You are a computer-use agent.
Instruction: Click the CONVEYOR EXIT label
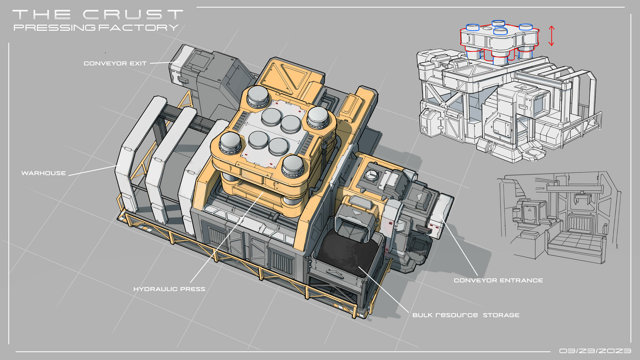coord(115,63)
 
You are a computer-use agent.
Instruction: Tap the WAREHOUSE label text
coord(43,173)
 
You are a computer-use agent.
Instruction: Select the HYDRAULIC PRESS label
coord(169,289)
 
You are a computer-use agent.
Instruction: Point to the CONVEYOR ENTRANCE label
coord(498,280)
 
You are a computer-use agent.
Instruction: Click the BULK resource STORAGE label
coord(466,315)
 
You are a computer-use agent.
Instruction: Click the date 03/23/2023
coord(595,351)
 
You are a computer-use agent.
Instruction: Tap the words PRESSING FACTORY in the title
coord(96,27)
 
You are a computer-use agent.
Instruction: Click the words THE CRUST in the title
coord(97,14)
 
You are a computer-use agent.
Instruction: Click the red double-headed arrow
coord(552,36)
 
